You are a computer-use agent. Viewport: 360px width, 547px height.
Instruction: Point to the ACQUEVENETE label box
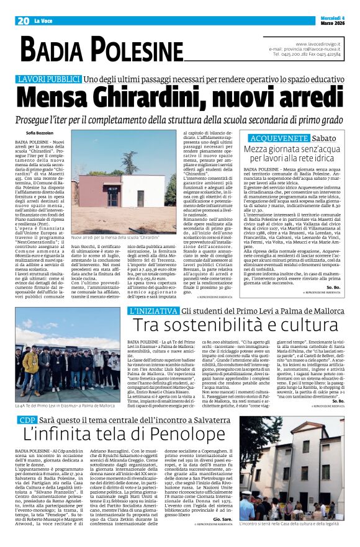tap(273, 138)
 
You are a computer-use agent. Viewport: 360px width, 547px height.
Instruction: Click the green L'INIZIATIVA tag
tap(151, 311)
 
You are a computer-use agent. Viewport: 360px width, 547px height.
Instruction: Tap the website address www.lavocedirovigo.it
tap(318, 44)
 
